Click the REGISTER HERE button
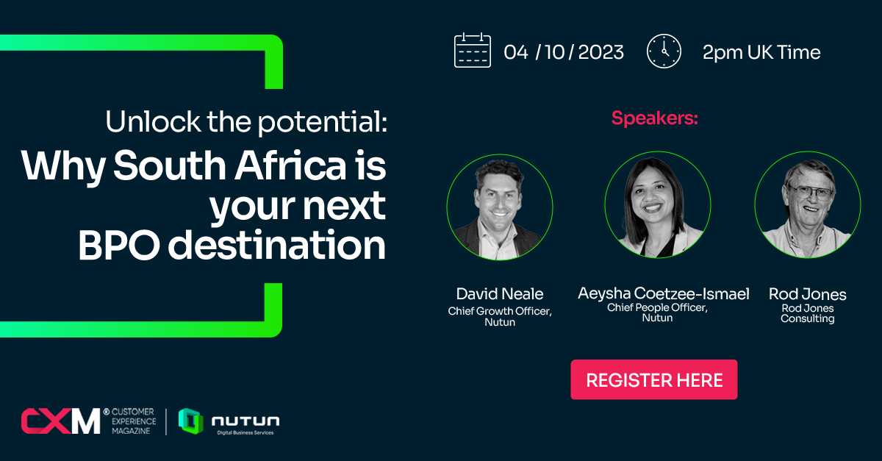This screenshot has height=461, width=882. click(653, 379)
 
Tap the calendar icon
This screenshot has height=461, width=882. click(472, 51)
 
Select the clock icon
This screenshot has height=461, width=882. click(664, 51)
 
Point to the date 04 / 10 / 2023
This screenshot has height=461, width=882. click(564, 52)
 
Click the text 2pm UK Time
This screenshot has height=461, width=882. click(761, 52)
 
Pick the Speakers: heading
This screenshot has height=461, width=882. click(654, 118)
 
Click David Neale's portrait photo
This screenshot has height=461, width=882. click(500, 207)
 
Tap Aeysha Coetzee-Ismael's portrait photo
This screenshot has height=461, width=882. click(658, 205)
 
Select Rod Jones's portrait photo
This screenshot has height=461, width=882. click(808, 205)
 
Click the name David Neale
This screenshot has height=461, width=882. click(500, 294)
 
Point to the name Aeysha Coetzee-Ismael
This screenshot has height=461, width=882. click(664, 293)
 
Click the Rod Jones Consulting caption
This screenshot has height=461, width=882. click(808, 313)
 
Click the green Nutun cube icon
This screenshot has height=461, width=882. click(191, 421)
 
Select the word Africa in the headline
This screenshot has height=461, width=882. click(290, 165)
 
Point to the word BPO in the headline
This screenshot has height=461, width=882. click(119, 245)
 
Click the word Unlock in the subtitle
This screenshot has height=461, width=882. click(153, 121)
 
